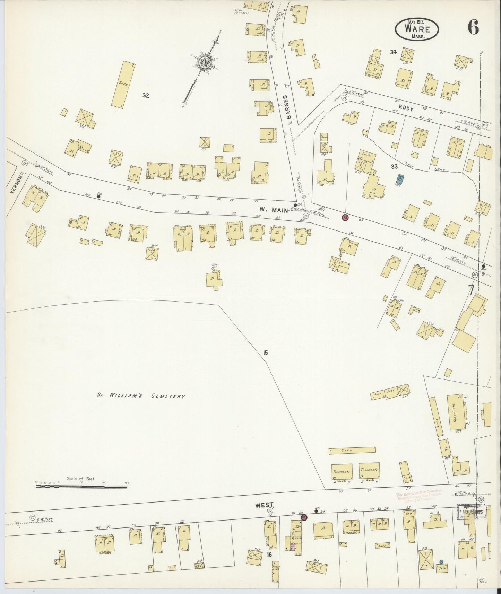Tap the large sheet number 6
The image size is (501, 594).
473,27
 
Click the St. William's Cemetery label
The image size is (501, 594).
141,396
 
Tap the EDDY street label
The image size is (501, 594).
408,108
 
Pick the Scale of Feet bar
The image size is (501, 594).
81,487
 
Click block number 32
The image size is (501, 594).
146,95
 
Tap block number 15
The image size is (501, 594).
265,353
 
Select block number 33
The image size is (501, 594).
394,167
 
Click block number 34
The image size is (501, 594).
393,52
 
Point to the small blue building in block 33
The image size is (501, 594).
401,179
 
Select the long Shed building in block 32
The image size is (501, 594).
123,84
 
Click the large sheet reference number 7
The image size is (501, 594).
470,290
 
